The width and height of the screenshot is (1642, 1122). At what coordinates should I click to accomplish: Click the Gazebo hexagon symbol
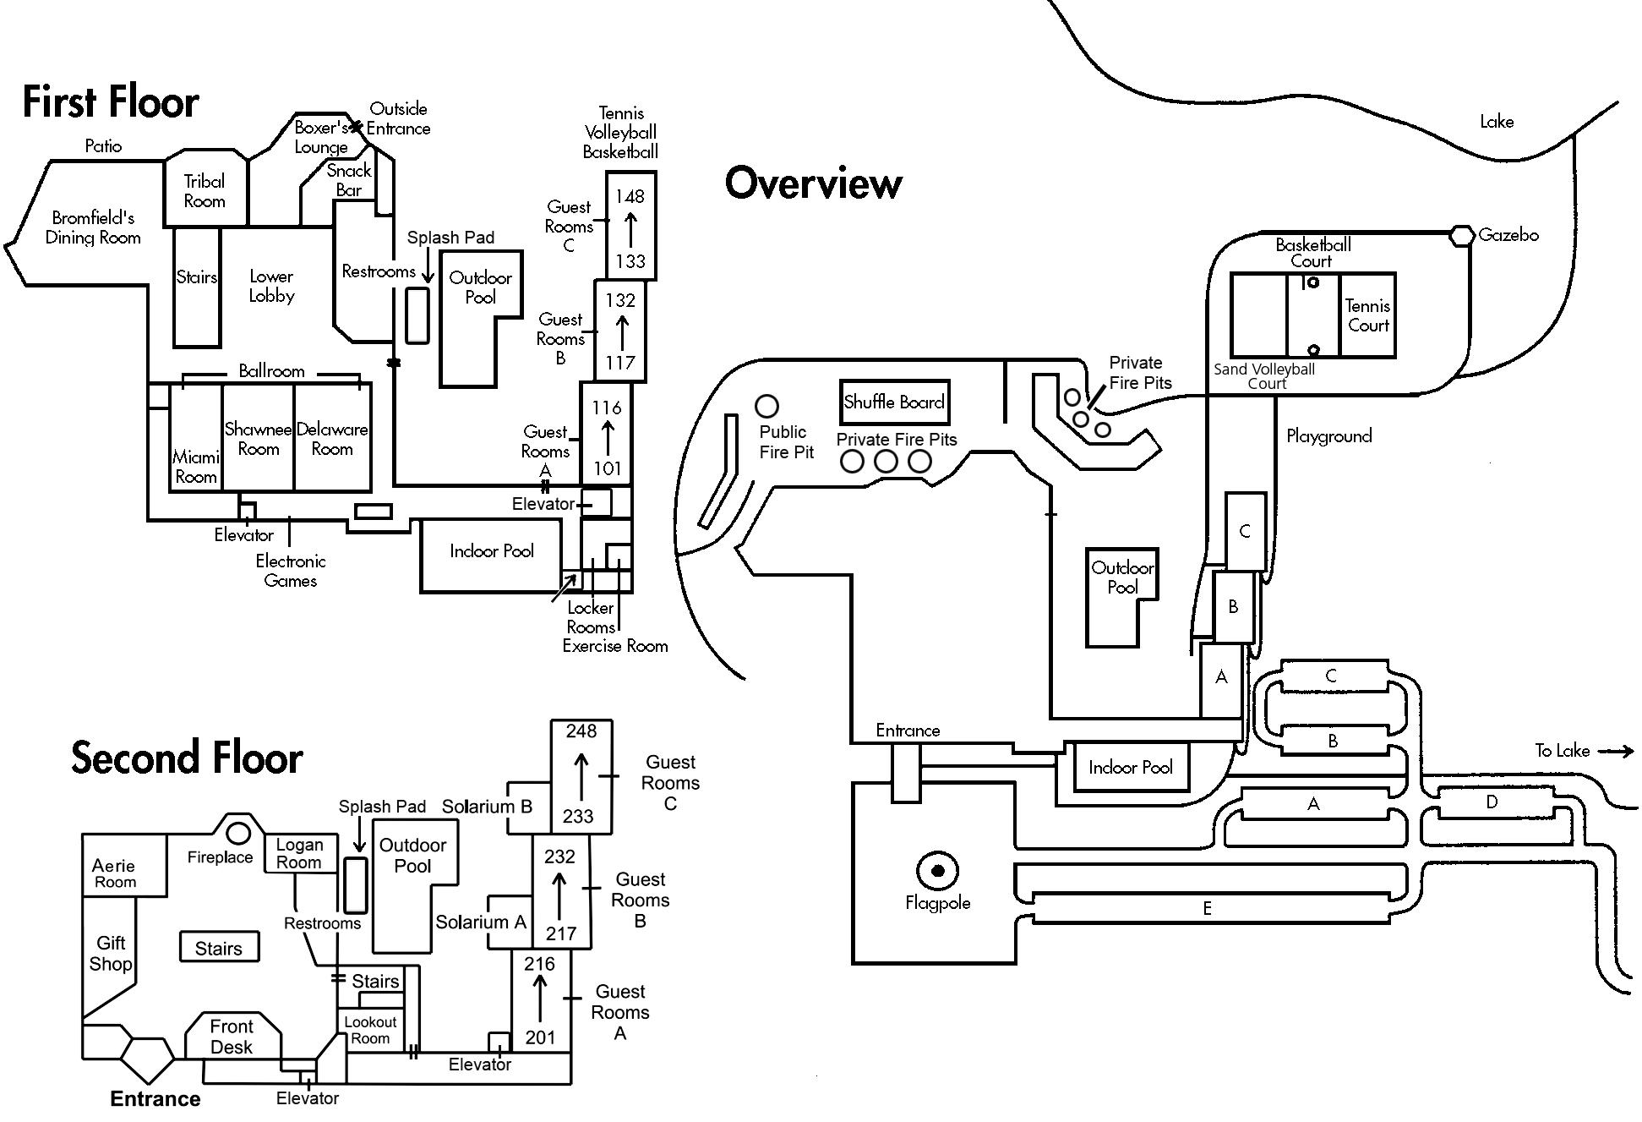(1462, 235)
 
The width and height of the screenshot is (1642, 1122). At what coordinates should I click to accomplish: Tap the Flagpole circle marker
(937, 870)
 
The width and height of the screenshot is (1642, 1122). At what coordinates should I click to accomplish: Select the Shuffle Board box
(894, 402)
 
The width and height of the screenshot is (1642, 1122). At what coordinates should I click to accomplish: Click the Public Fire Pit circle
(766, 407)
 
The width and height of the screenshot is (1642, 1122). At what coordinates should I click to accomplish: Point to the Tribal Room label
(205, 191)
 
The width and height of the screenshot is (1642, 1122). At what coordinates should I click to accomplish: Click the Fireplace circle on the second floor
(239, 833)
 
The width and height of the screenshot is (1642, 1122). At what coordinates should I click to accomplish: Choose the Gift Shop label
(111, 954)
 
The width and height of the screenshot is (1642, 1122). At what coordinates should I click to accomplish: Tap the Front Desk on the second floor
(232, 1037)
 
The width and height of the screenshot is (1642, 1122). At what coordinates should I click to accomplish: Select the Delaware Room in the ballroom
(332, 439)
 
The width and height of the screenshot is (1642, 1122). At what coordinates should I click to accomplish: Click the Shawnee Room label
(258, 439)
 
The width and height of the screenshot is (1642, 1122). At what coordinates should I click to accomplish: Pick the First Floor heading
(111, 102)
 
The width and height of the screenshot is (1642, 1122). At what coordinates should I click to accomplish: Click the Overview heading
(814, 183)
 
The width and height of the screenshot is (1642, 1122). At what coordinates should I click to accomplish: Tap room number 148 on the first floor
(630, 196)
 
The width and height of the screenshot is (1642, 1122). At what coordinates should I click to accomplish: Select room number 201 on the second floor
(541, 1037)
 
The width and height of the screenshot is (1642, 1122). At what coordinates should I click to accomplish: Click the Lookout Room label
(370, 1030)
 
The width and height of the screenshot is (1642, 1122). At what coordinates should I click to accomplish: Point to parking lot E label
(1207, 908)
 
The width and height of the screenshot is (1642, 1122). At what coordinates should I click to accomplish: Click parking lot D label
(1492, 802)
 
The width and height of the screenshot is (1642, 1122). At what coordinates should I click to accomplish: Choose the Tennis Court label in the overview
(1367, 315)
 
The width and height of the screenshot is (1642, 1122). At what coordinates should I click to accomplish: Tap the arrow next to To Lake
(1616, 751)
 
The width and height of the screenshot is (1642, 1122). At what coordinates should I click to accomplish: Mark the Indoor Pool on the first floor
(492, 551)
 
